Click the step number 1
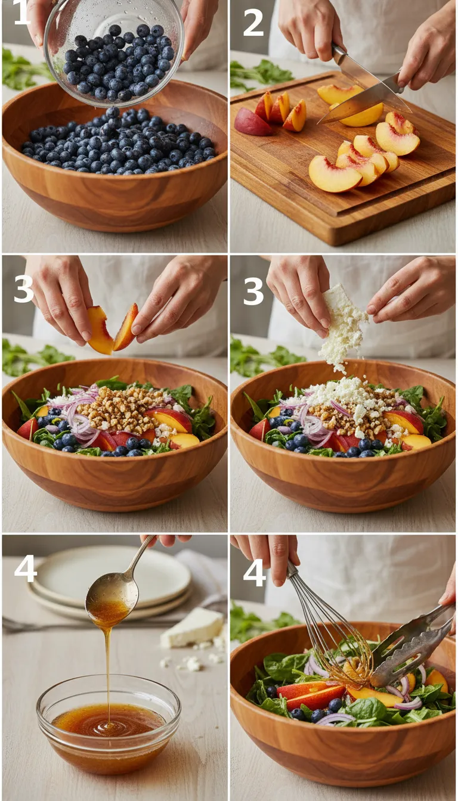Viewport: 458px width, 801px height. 21,13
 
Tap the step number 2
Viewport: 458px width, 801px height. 253,23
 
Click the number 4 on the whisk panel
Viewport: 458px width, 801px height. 254,573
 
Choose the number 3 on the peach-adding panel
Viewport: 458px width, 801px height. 24,289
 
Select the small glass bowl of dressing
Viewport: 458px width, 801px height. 108,724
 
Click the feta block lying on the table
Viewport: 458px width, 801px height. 192,627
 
